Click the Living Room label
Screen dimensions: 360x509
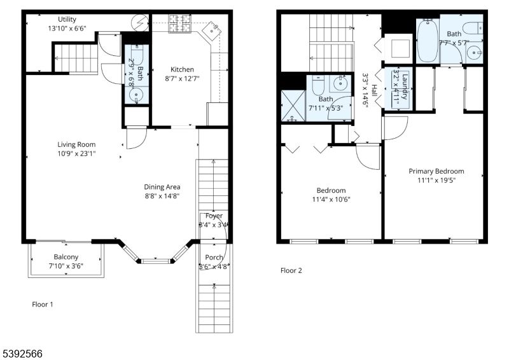click(76, 144)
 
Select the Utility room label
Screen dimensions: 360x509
click(67, 20)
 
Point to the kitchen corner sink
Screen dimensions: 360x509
click(212, 30)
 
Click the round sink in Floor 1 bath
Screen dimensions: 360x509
click(137, 95)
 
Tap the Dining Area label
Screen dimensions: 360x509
click(162, 187)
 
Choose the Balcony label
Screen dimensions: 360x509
click(66, 257)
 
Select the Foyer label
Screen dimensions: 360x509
click(214, 216)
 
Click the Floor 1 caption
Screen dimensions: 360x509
click(43, 304)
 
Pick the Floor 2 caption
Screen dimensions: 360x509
click(291, 270)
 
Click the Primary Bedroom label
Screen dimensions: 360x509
click(436, 171)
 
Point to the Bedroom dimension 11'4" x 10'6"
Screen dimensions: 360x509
click(331, 199)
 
